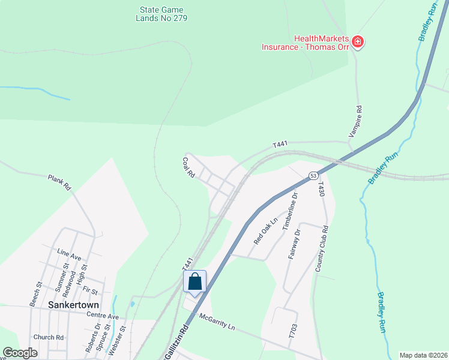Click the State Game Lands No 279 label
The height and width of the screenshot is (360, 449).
click(x=161, y=14)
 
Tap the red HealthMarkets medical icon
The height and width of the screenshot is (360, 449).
click(x=358, y=41)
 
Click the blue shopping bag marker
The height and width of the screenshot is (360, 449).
click(x=195, y=281)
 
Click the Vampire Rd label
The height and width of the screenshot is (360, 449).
click(x=359, y=119)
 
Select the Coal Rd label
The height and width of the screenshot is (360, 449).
click(x=188, y=167)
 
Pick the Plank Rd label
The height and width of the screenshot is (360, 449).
click(x=59, y=182)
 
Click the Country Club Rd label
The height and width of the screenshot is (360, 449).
click(x=321, y=248)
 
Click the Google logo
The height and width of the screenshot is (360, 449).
click(x=20, y=353)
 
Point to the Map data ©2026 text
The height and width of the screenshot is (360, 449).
click(x=423, y=355)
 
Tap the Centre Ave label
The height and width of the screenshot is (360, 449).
click(x=103, y=316)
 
